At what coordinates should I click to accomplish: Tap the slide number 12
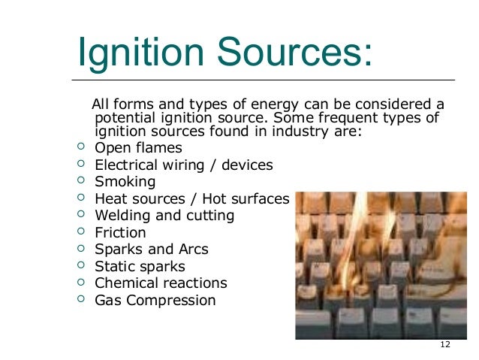445,344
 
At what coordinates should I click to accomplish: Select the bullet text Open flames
138,147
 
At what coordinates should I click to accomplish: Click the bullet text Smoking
125,182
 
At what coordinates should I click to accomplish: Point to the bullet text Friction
120,233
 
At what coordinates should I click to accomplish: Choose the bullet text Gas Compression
155,301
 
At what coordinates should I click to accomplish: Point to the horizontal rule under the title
263,80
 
